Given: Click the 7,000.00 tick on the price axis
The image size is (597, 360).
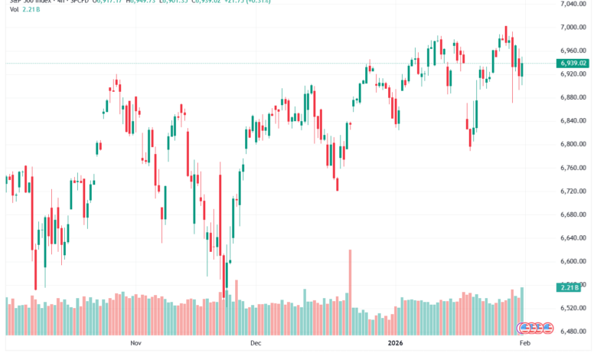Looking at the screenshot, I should pyautogui.click(x=573, y=28).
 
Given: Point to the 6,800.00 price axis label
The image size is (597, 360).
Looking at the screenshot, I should pyautogui.click(x=573, y=144).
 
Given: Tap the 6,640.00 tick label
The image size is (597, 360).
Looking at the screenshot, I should pyautogui.click(x=573, y=237).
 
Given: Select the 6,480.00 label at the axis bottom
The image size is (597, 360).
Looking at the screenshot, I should pyautogui.click(x=573, y=331).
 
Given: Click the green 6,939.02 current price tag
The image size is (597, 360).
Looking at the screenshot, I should pyautogui.click(x=573, y=63).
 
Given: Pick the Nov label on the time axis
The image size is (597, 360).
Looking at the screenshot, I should pyautogui.click(x=136, y=345).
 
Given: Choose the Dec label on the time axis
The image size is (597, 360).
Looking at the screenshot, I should pyautogui.click(x=256, y=345).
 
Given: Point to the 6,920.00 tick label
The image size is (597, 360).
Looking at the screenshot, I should pyautogui.click(x=573, y=74).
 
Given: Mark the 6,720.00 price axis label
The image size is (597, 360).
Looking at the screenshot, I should pyautogui.click(x=573, y=191).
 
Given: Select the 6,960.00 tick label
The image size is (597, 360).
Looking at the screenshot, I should pyautogui.click(x=573, y=51).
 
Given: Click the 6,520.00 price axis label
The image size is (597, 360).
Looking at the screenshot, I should pyautogui.click(x=573, y=308).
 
